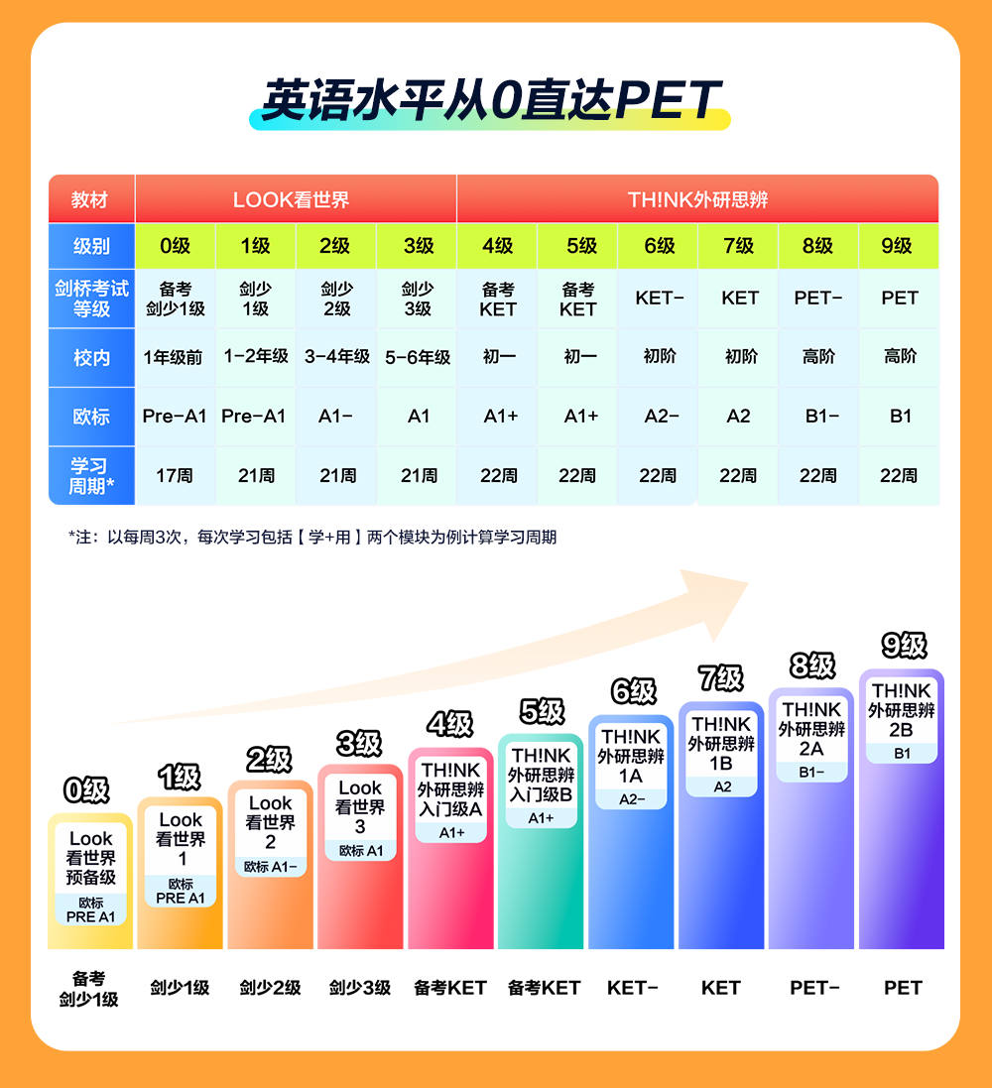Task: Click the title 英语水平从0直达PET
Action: [x=490, y=101]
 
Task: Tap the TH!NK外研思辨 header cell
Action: [x=697, y=199]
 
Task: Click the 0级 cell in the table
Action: [x=175, y=246]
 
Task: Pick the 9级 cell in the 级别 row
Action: [x=898, y=246]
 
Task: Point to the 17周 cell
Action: [x=175, y=476]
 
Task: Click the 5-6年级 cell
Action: [x=418, y=357]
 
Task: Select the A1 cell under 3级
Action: [x=418, y=417]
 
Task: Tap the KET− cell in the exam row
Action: [x=659, y=298]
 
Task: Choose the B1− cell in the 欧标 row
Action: [x=819, y=417]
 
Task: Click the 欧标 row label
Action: [x=91, y=417]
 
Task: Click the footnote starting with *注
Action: [x=312, y=538]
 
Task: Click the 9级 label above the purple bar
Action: [x=903, y=647]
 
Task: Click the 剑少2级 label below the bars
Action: [x=270, y=988]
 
